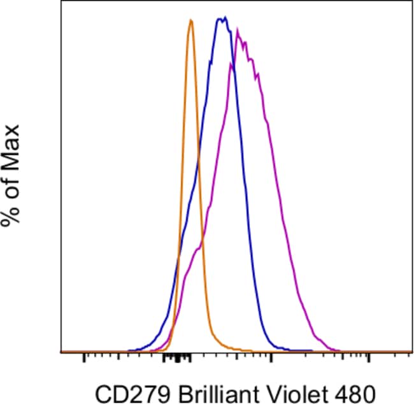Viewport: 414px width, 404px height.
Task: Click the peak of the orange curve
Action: (190, 21)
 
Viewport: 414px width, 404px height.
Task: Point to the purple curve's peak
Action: (238, 29)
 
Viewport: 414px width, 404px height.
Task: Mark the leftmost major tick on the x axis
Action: (84, 357)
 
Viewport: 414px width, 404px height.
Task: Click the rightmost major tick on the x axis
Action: (369, 357)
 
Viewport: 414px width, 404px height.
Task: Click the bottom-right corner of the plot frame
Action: (412, 352)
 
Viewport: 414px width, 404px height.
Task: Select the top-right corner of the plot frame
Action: (412, 2)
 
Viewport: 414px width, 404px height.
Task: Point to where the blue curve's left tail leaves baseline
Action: (129, 350)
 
